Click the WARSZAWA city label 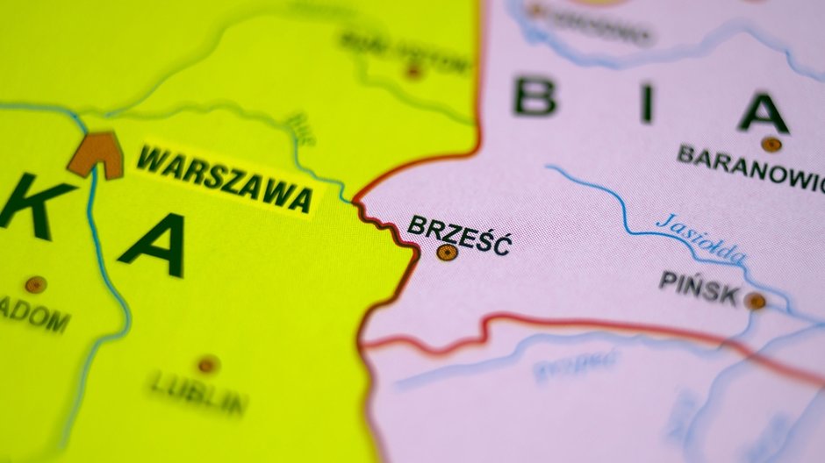(225, 180)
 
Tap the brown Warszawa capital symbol (96, 154)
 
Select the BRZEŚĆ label (458, 234)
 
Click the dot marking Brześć (447, 253)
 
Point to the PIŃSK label (699, 288)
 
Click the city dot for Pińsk (755, 301)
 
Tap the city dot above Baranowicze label (771, 144)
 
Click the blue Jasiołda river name (701, 238)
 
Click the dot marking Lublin (207, 363)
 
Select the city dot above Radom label (34, 284)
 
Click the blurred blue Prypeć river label (575, 365)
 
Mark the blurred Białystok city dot (412, 71)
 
